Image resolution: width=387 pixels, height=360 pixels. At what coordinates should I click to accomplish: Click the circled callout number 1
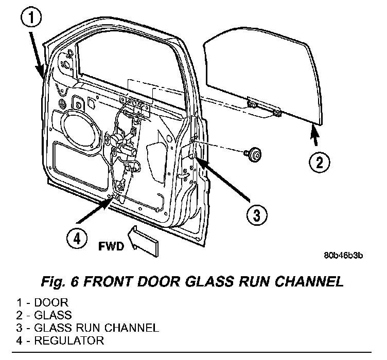30,18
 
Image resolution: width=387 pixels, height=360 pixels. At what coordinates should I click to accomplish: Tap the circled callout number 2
319,163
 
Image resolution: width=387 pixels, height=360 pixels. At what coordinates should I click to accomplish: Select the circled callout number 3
257,215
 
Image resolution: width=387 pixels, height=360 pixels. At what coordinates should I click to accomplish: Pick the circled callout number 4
77,239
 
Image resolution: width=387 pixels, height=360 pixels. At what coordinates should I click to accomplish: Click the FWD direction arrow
143,241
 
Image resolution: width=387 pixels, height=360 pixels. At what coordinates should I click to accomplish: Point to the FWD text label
111,246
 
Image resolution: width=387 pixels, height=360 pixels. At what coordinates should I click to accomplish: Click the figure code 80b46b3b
343,256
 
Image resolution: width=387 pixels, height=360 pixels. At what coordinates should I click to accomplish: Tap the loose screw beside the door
253,154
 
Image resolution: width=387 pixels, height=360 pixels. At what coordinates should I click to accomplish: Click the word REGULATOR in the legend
69,340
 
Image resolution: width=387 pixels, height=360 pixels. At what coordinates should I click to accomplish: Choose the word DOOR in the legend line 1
51,302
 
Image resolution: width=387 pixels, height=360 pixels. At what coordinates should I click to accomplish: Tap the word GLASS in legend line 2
53,315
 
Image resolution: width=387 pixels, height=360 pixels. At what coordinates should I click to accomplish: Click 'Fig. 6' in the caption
60,282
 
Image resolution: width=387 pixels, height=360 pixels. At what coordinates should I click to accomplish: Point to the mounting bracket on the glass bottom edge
264,108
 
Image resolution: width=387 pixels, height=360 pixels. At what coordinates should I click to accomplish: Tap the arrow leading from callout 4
94,210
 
